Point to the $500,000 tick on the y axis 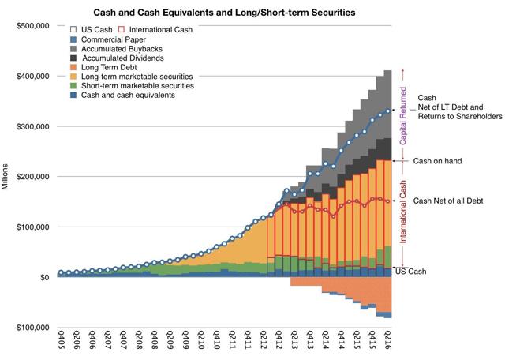coord(29,26)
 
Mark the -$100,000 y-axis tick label coord(29,328)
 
